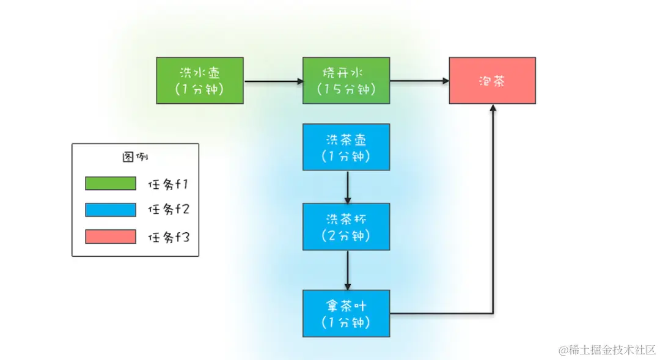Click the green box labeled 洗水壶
point(199,80)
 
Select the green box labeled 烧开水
point(346,80)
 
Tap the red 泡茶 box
point(492,80)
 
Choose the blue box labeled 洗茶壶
point(346,147)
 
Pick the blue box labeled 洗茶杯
point(346,226)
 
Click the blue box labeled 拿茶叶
point(346,314)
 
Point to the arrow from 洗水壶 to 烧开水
point(273,81)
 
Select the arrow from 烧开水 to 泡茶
point(419,81)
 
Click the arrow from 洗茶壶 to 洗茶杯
point(347,186)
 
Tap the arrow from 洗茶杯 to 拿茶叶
point(347,269)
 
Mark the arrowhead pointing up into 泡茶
point(493,108)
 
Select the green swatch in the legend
point(111,183)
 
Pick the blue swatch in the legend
point(111,210)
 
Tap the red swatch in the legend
point(111,237)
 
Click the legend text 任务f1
point(168,183)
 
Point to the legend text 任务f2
point(168,210)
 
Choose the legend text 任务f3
point(168,237)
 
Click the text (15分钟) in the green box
point(346,89)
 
